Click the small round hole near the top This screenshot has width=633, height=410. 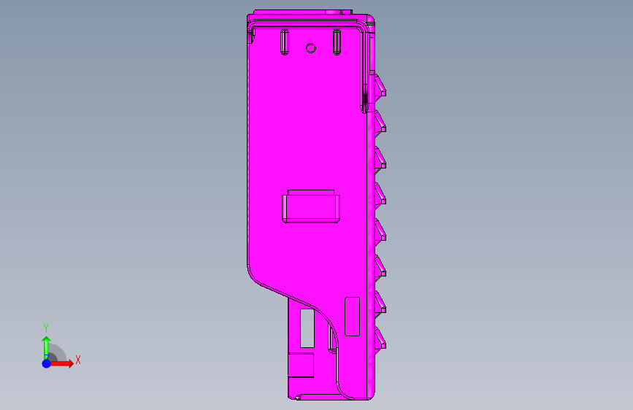coord(310,48)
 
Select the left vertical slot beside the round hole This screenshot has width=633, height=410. coord(284,42)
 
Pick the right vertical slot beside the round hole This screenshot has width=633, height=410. coord(337,42)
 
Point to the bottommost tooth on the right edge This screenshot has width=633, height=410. coord(380,337)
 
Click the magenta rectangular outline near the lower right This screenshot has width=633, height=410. coord(353,317)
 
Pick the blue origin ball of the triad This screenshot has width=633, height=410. coord(46,363)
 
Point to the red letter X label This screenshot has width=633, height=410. coord(77,360)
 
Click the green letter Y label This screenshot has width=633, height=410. coord(46,328)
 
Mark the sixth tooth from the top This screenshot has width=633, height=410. coord(380,266)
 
